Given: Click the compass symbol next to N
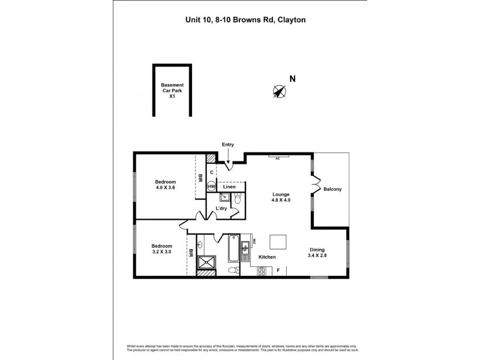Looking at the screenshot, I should [278, 91].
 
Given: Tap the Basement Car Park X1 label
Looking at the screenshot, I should [172, 90].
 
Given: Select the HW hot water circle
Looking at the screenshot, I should [211, 187].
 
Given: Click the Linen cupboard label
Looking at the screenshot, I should [230, 187].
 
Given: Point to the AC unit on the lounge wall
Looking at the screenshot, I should [278, 157].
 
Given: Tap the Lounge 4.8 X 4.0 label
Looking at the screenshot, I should [281, 197].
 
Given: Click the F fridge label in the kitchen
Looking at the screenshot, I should [278, 271].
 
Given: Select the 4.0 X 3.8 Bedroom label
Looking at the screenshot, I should [165, 185].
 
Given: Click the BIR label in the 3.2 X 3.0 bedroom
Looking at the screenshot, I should [190, 253].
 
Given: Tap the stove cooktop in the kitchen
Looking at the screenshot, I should [262, 271].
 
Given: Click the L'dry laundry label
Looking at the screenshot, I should [221, 208].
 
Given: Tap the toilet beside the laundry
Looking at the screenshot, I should [236, 201].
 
